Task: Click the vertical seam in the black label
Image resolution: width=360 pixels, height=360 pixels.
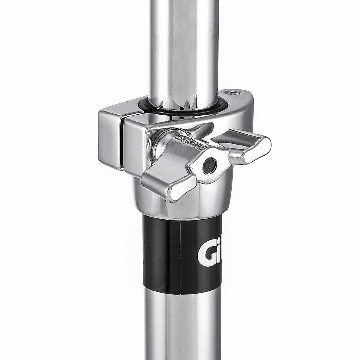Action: [x=180, y=255]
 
